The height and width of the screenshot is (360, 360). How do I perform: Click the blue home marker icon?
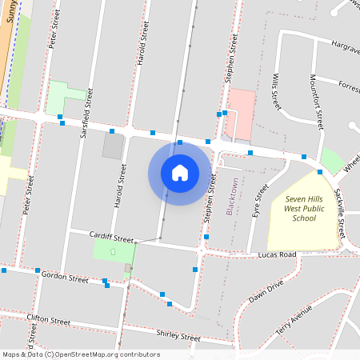tap(180, 173)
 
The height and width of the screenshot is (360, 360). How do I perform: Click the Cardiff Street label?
tap(112, 238)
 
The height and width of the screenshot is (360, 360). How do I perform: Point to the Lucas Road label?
tap(277, 254)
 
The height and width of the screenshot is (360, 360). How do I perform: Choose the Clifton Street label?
tap(49, 319)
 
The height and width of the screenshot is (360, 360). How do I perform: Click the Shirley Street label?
tap(178, 335)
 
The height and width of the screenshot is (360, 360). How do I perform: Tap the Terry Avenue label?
tap(294, 319)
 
